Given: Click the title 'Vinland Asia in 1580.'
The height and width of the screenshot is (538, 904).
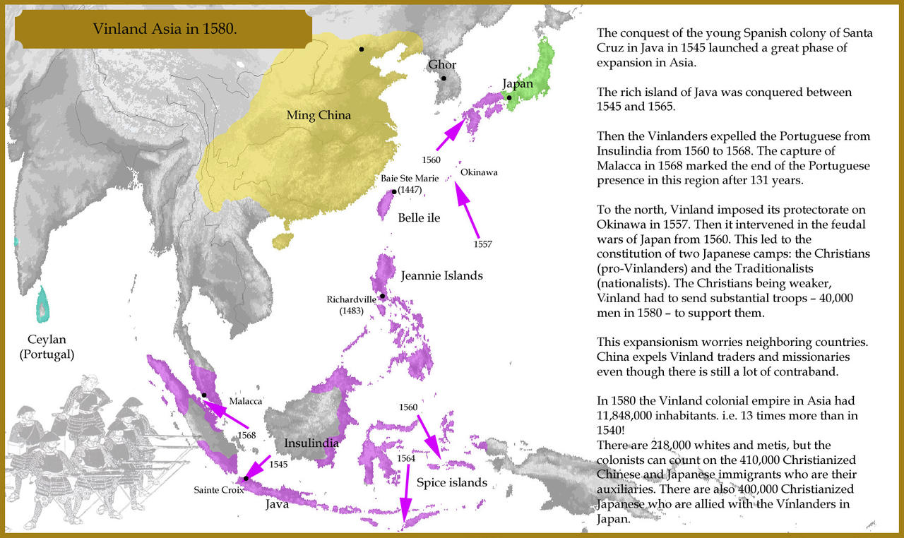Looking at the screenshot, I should pyautogui.click(x=164, y=30).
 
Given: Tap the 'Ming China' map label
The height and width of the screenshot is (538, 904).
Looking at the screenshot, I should pyautogui.click(x=318, y=115).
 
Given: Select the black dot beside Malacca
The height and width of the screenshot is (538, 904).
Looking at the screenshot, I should pyautogui.click(x=204, y=395).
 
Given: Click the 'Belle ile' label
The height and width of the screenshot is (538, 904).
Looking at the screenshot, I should pyautogui.click(x=419, y=217).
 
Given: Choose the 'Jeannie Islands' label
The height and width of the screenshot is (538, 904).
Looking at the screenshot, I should pyautogui.click(x=441, y=275).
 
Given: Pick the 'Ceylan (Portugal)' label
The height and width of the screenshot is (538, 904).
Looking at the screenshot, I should pyautogui.click(x=47, y=347).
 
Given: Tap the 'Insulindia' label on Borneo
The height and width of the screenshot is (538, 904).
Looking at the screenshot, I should pyautogui.click(x=311, y=443).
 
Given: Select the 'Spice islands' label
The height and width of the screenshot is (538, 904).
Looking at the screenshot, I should pyautogui.click(x=451, y=483).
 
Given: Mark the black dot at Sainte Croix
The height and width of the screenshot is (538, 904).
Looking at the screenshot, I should pyautogui.click(x=246, y=479).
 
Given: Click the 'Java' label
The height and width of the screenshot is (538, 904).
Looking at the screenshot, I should pyautogui.click(x=277, y=505).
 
